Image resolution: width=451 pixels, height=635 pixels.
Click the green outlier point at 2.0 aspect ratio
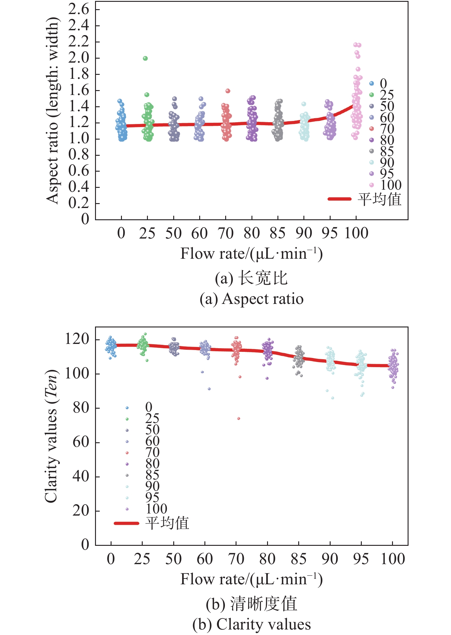pyautogui.click(x=145, y=58)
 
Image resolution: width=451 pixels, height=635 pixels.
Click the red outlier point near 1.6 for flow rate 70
pyautogui.click(x=228, y=91)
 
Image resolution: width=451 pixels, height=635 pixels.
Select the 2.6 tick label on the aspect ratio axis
pyautogui.click(x=79, y=9)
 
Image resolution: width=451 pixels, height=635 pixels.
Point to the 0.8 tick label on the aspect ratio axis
pyautogui.click(x=79, y=155)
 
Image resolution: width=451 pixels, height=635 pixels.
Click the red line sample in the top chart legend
pyautogui.click(x=339, y=199)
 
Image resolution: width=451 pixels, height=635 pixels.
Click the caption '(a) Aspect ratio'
pyautogui.click(x=251, y=299)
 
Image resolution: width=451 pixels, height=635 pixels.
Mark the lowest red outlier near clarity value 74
pyautogui.click(x=239, y=418)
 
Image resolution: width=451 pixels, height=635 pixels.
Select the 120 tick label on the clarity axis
pyautogui.click(x=77, y=339)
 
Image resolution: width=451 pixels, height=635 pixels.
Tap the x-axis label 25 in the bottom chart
pyautogui.click(x=142, y=559)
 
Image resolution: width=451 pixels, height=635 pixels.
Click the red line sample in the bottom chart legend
pyautogui.click(x=126, y=523)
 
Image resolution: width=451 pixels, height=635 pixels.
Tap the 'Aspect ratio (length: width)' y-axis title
pyautogui.click(x=52, y=111)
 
